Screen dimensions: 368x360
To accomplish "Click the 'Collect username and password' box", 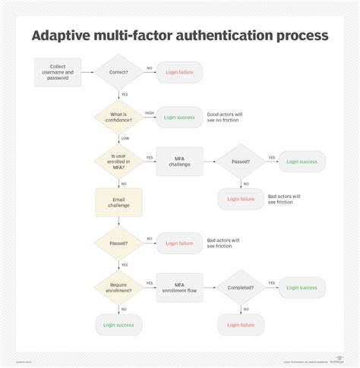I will pos(58,73).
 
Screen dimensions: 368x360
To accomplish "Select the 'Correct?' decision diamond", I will pos(118,73).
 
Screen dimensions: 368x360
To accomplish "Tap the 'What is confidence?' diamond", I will pos(118,117).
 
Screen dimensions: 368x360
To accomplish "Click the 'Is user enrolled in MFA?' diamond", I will pos(118,162).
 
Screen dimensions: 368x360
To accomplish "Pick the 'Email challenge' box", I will pos(118,203).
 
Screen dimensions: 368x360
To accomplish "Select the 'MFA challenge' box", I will pos(179,162).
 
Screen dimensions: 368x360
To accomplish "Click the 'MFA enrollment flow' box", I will pos(179,288).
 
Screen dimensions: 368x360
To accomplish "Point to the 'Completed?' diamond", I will pos(242,288).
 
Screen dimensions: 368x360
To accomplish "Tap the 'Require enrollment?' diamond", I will pos(118,288).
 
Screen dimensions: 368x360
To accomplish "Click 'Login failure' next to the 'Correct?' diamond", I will pos(180,73).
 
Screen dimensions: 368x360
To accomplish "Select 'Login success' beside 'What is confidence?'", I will pos(180,117).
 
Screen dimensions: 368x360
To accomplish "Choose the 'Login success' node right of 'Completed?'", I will pos(302,288).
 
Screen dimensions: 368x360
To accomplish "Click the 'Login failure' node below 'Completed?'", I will pos(242,325).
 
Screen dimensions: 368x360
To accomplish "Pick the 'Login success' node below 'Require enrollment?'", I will pos(118,325).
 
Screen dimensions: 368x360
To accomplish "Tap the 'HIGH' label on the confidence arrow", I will pos(149,112).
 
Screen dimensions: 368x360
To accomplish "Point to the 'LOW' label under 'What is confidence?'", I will pos(125,138).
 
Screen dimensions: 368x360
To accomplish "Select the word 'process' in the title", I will pos(300,35).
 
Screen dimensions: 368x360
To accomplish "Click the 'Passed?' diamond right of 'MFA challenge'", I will pos(242,162).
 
